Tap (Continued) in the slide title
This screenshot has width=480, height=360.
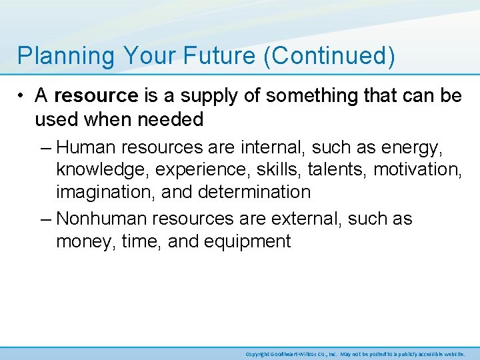(x=329, y=56)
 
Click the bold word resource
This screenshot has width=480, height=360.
(x=96, y=96)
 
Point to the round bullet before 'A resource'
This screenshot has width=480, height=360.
(x=23, y=96)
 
